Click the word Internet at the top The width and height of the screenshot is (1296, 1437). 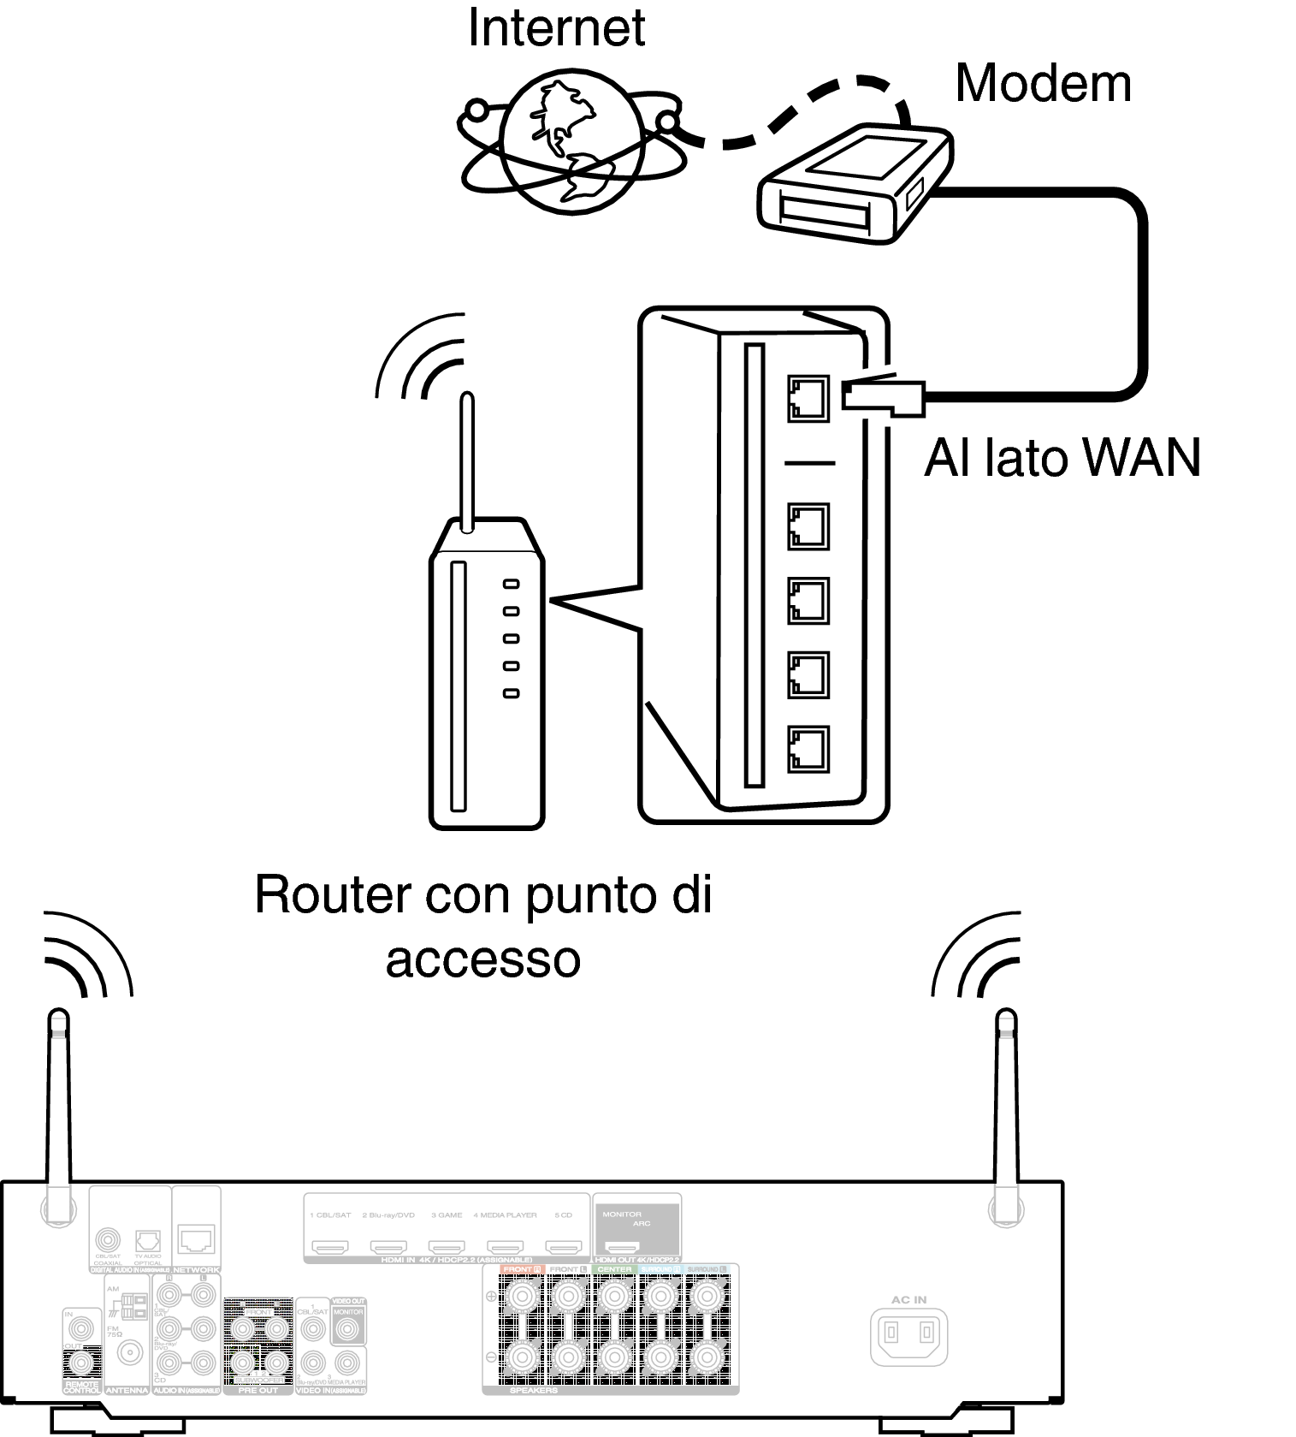556,27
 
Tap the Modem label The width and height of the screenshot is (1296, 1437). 1042,84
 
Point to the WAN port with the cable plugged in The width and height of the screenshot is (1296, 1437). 808,398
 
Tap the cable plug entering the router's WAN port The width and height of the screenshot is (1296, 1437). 881,396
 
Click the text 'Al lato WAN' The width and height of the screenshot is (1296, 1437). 1062,458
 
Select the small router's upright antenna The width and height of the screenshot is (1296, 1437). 467,462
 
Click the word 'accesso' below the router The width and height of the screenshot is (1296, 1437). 483,960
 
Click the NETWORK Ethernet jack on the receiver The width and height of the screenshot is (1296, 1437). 197,1238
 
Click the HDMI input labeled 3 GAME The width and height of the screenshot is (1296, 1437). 447,1247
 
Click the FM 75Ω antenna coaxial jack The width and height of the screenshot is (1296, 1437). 130,1352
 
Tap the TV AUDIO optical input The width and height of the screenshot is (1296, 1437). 148,1240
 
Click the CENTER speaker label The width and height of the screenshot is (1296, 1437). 614,1269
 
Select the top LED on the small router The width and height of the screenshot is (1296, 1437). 511,584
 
